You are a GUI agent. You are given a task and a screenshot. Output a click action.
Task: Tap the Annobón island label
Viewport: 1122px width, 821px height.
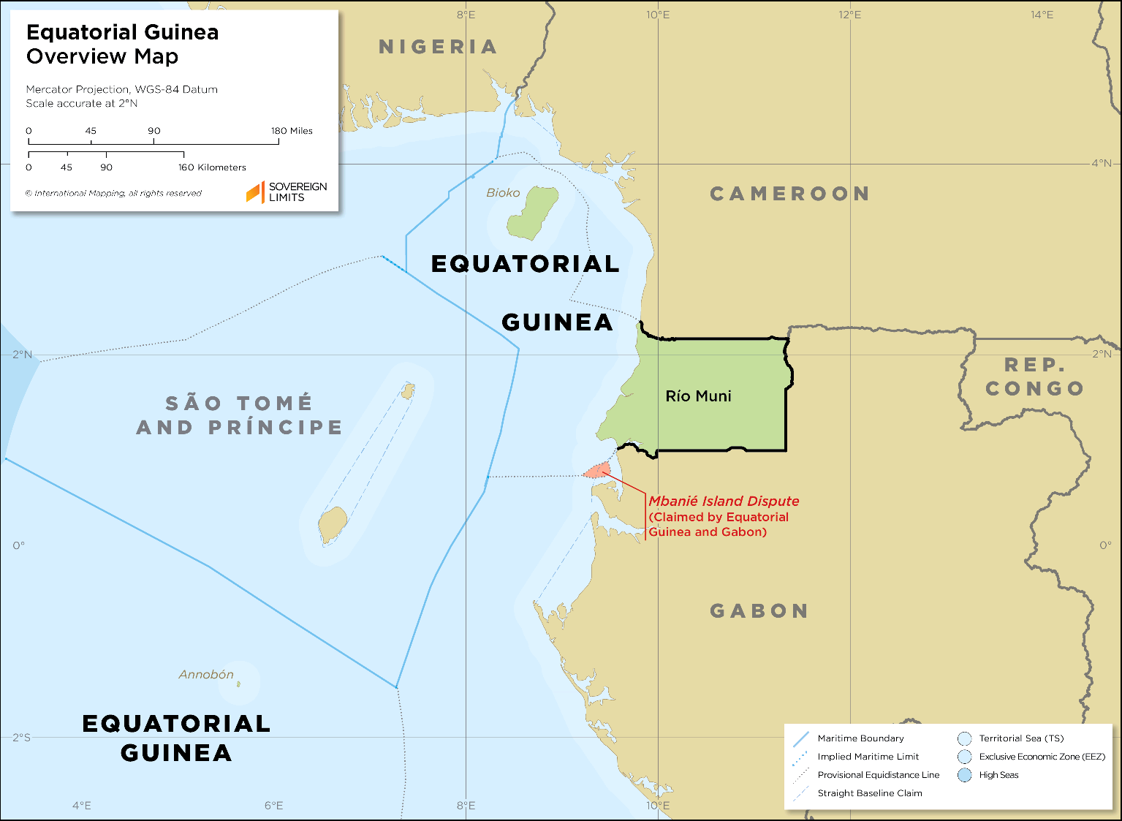pos(206,674)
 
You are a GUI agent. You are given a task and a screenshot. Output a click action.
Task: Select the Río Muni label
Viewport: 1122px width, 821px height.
pos(698,396)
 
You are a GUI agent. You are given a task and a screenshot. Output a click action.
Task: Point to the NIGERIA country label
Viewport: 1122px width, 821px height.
pos(438,48)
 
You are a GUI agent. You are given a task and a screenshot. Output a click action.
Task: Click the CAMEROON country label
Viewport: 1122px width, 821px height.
pos(790,194)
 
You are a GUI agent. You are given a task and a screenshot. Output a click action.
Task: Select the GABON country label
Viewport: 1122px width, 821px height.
pos(759,611)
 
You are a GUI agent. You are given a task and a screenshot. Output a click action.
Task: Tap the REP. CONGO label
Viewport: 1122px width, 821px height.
pos(1034,377)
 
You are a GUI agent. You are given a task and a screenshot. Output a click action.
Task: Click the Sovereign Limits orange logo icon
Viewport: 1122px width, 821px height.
pos(254,192)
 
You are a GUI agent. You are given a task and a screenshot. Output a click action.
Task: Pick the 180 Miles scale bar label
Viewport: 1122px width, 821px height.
pos(292,131)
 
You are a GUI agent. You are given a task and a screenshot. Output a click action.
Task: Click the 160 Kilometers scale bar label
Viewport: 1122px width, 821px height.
pos(212,167)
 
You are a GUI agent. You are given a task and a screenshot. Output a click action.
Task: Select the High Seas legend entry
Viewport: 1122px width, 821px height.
pos(998,775)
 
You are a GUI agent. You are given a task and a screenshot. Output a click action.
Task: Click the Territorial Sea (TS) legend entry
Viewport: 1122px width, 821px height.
pos(1021,738)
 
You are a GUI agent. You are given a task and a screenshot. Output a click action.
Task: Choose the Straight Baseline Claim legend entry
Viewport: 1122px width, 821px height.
pos(869,793)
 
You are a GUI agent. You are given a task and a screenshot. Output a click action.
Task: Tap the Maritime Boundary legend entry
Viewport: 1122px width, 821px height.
pos(860,738)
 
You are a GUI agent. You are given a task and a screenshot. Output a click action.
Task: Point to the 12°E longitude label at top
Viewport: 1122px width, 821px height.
pos(849,15)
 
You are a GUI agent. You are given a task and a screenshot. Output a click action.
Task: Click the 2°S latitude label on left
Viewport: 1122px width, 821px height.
pos(21,737)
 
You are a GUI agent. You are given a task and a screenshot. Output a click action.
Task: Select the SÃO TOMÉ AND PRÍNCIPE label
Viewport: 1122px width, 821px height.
pos(239,415)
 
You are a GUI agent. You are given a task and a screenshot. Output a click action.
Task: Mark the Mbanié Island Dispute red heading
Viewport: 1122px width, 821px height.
pos(724,502)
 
